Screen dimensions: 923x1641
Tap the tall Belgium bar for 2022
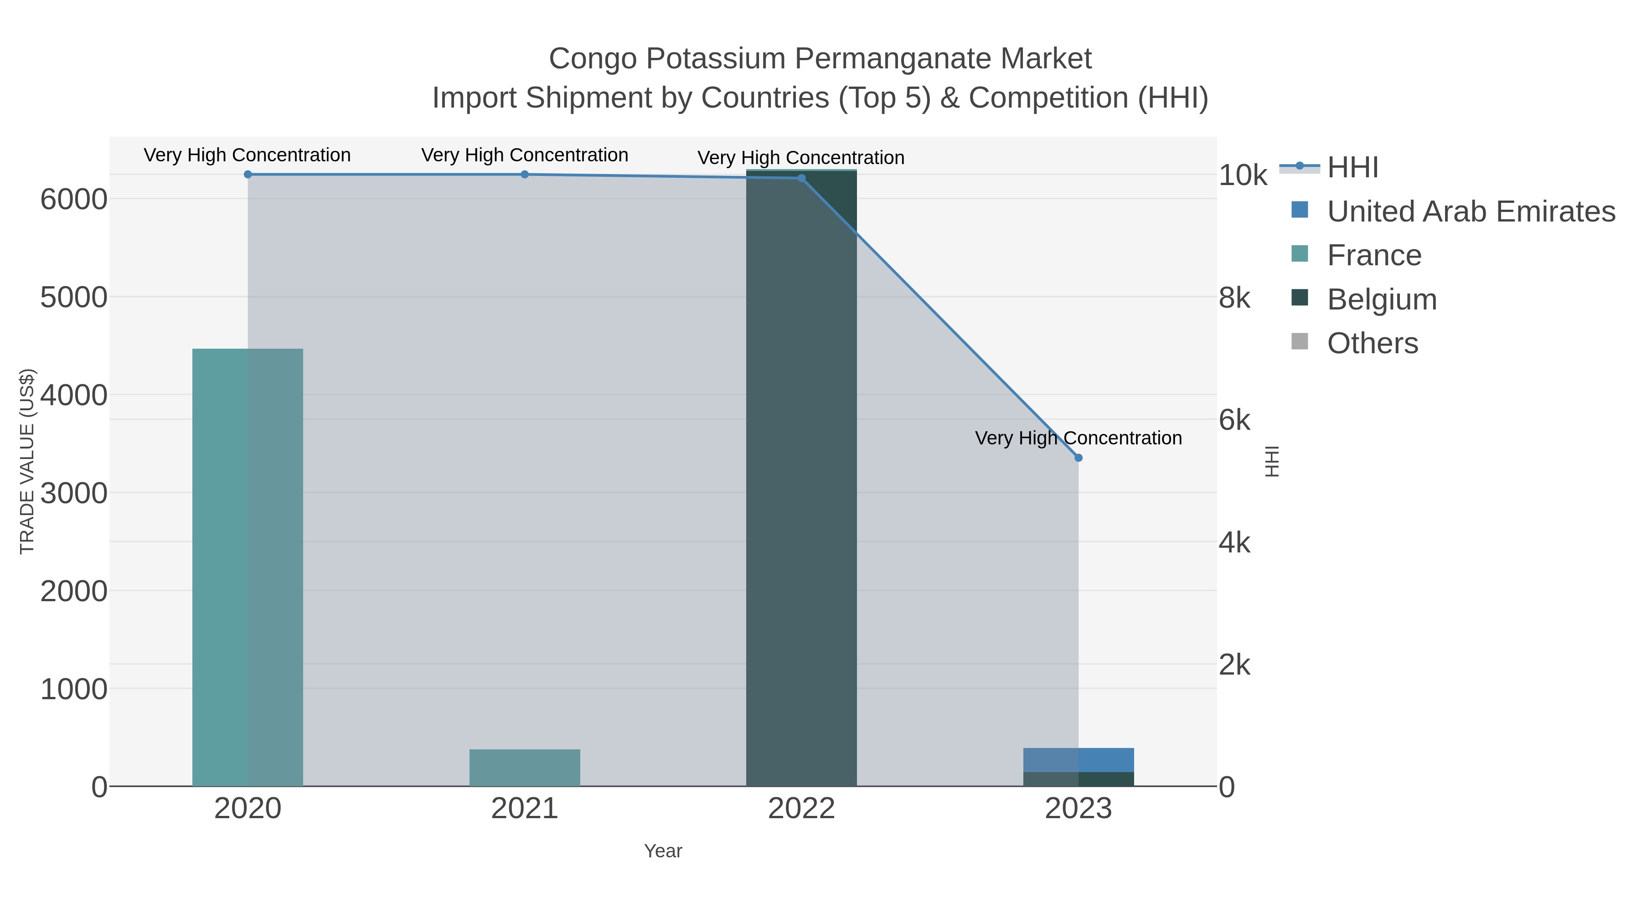point(801,478)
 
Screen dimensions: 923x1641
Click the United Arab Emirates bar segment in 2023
point(1078,759)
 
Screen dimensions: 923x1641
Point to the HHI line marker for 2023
point(1078,457)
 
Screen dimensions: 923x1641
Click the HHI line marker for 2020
point(248,174)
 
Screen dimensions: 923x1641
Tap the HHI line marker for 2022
point(801,178)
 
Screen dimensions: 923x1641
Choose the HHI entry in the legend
point(1352,168)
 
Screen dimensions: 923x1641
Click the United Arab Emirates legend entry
point(1470,211)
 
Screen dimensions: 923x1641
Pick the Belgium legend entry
point(1381,299)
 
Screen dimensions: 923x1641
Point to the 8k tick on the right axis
point(1234,298)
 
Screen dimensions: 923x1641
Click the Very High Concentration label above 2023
point(1078,438)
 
